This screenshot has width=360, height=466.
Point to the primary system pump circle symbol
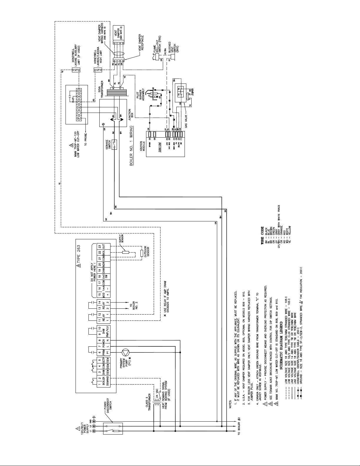pos(125,352)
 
